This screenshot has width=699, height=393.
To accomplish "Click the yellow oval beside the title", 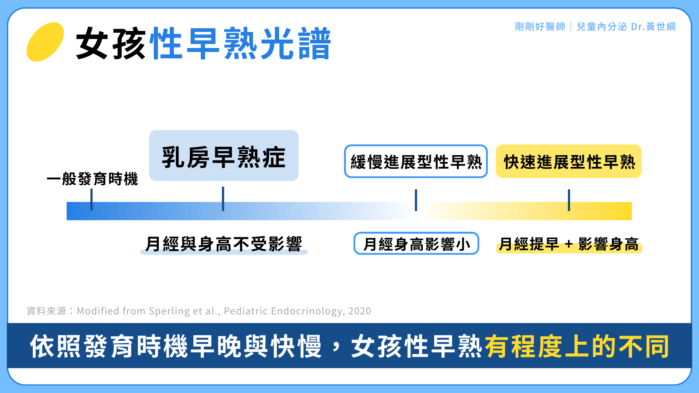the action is pyautogui.click(x=45, y=42).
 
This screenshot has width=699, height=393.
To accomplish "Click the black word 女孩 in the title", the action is pyautogui.click(x=111, y=43).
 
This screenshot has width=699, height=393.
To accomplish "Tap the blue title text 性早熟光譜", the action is pyautogui.click(x=241, y=43).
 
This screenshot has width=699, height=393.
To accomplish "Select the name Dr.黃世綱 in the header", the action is pyautogui.click(x=653, y=27).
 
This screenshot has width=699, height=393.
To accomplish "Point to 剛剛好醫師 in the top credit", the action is pyautogui.click(x=540, y=27).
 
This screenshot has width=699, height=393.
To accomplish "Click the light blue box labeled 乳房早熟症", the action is pyautogui.click(x=224, y=156).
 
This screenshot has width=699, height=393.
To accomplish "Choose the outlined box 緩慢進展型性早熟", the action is pyautogui.click(x=416, y=162).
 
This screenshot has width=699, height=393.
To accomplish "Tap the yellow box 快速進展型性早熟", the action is pyautogui.click(x=569, y=162).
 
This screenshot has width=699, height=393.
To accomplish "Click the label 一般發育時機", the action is pyautogui.click(x=92, y=179).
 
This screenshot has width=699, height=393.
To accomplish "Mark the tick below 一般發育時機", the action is pyautogui.click(x=91, y=199).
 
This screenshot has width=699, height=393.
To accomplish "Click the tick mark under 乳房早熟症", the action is pyautogui.click(x=223, y=199).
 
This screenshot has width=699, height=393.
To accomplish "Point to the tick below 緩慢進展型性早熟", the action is pyautogui.click(x=416, y=200).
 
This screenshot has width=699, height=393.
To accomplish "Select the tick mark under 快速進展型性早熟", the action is pyautogui.click(x=569, y=200).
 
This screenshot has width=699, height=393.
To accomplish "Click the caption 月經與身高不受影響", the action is pyautogui.click(x=224, y=244).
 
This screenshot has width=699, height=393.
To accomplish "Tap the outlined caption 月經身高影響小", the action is pyautogui.click(x=416, y=244).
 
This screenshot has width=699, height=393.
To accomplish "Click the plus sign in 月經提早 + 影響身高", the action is pyautogui.click(x=569, y=244).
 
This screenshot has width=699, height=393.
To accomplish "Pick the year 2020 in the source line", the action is pyautogui.click(x=359, y=311).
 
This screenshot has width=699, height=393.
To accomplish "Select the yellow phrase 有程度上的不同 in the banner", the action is pyautogui.click(x=577, y=346).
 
